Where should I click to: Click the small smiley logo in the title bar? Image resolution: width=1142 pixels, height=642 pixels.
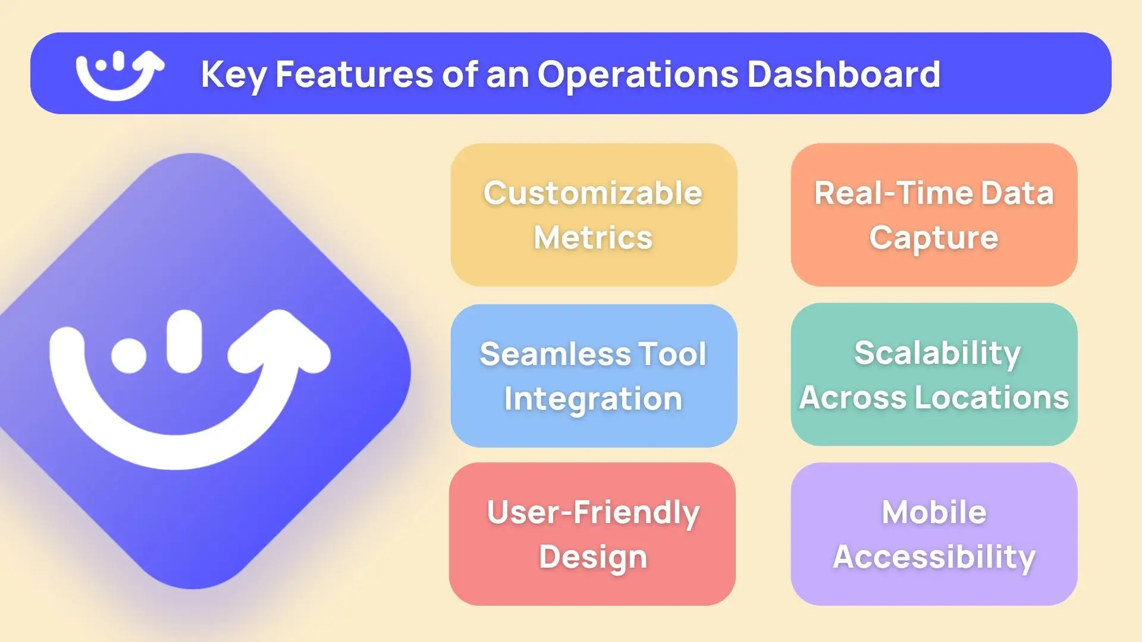(x=119, y=74)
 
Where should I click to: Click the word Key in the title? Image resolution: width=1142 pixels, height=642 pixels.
(x=233, y=75)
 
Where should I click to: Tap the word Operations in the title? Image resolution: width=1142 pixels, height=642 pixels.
(x=636, y=75)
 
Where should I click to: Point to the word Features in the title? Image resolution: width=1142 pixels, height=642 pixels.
(x=354, y=74)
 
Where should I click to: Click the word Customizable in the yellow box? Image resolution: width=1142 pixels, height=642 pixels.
(x=593, y=193)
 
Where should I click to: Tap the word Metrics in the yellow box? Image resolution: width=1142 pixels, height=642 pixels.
(x=593, y=238)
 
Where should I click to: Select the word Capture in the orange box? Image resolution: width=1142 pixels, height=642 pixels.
(x=934, y=238)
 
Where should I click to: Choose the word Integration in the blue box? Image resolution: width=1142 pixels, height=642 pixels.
(x=593, y=399)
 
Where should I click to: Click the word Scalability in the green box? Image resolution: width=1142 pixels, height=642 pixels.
(x=937, y=353)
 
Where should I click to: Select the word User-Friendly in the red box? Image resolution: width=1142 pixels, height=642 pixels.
(x=593, y=512)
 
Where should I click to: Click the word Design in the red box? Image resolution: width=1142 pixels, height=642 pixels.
(x=593, y=557)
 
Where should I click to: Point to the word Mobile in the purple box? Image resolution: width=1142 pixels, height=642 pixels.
(x=934, y=512)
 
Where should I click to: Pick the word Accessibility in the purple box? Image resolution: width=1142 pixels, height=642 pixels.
(x=934, y=557)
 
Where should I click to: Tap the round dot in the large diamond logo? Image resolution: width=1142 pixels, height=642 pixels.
(x=128, y=355)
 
